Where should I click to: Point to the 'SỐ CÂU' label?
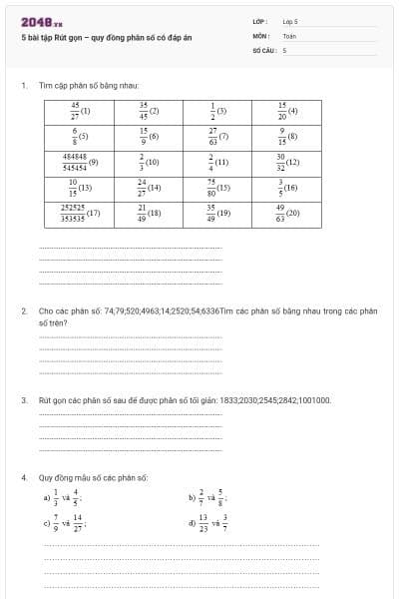tap(263, 49)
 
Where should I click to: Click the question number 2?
tap(23, 310)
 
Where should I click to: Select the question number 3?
tap(23, 399)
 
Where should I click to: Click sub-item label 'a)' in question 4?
tap(46, 496)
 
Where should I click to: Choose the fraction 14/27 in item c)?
tap(78, 521)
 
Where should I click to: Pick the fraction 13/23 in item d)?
tap(203, 521)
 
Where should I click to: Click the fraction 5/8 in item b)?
tap(220, 496)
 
